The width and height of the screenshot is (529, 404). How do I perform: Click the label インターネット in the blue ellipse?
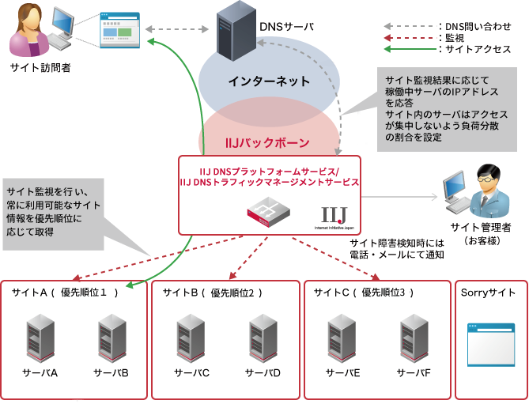pos(269,81)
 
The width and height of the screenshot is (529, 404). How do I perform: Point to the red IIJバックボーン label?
pos(267,143)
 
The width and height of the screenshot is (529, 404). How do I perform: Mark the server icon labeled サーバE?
pos(342,338)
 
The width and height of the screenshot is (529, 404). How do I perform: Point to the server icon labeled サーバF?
pos(414,338)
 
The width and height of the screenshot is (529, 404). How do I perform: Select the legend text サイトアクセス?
pos(479,49)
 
